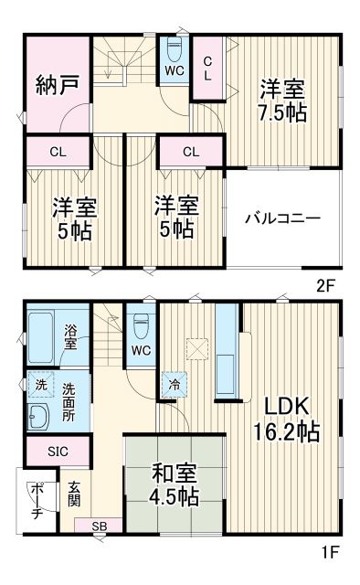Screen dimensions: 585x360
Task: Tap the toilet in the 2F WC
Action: coord(175,48)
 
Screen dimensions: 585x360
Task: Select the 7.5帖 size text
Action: coord(281,113)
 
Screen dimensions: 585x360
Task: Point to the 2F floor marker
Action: coord(325,283)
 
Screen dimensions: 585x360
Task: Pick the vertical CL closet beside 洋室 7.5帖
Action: coord(207,67)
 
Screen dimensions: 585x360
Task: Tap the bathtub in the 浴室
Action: coord(44,326)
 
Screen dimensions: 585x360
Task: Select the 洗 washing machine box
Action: coord(40,385)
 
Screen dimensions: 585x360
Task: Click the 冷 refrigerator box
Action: coord(174,385)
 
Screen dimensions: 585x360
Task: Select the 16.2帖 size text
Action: coord(292,432)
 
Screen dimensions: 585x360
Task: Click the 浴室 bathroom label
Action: coord(71,336)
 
